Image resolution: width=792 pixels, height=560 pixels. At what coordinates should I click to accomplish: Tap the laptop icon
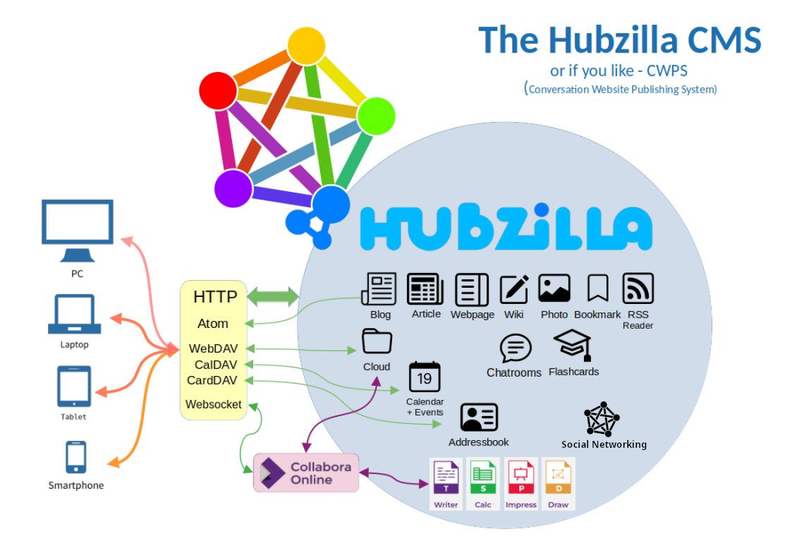(75, 315)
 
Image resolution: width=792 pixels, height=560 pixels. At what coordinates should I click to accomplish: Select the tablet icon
(74, 386)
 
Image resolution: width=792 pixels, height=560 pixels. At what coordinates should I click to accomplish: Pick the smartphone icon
(76, 456)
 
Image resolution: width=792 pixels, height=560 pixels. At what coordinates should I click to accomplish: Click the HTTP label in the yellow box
(215, 297)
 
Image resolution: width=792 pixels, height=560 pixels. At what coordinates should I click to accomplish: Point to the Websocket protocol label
(213, 405)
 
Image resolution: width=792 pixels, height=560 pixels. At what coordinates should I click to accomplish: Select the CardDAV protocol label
(212, 380)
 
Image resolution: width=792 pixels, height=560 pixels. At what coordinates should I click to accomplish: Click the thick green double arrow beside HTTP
(272, 297)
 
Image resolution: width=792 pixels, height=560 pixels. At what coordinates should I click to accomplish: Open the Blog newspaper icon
(379, 289)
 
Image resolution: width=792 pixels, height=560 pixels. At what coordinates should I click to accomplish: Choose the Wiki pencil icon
(514, 289)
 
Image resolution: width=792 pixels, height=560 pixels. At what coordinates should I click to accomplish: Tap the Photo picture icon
(554, 289)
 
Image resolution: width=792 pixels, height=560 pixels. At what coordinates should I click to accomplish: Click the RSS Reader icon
(638, 289)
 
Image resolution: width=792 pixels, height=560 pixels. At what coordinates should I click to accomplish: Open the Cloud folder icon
(377, 341)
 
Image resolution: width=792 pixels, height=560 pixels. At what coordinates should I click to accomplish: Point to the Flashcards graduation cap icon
(573, 345)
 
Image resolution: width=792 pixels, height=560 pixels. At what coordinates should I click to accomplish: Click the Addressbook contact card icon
(479, 418)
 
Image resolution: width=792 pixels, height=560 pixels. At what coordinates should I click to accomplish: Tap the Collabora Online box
(306, 473)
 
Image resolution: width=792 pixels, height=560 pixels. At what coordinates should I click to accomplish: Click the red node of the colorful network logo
(218, 91)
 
